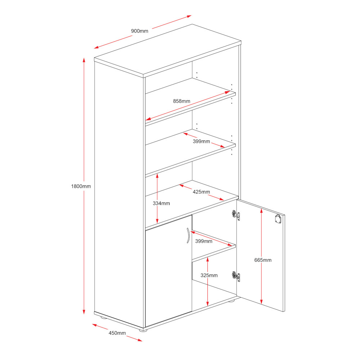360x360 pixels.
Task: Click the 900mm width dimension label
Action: (140, 31)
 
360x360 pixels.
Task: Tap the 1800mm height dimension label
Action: (81, 186)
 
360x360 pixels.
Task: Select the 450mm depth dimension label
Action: (117, 333)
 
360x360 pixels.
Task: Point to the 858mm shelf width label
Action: (181, 101)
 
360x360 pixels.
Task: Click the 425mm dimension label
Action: (201, 192)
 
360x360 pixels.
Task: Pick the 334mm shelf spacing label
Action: (161, 203)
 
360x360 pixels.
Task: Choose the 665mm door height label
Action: (263, 260)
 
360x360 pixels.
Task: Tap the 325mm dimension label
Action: (209, 275)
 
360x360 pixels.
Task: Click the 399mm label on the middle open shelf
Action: (201, 141)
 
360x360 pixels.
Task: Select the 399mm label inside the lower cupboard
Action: (204, 241)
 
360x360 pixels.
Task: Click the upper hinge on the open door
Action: (236, 215)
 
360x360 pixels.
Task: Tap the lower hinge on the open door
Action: (236, 276)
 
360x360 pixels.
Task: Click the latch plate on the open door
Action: (278, 219)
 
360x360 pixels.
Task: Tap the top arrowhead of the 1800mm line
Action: (84, 60)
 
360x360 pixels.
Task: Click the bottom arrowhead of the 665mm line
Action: (261, 302)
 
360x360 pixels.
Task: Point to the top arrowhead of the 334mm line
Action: (157, 176)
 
